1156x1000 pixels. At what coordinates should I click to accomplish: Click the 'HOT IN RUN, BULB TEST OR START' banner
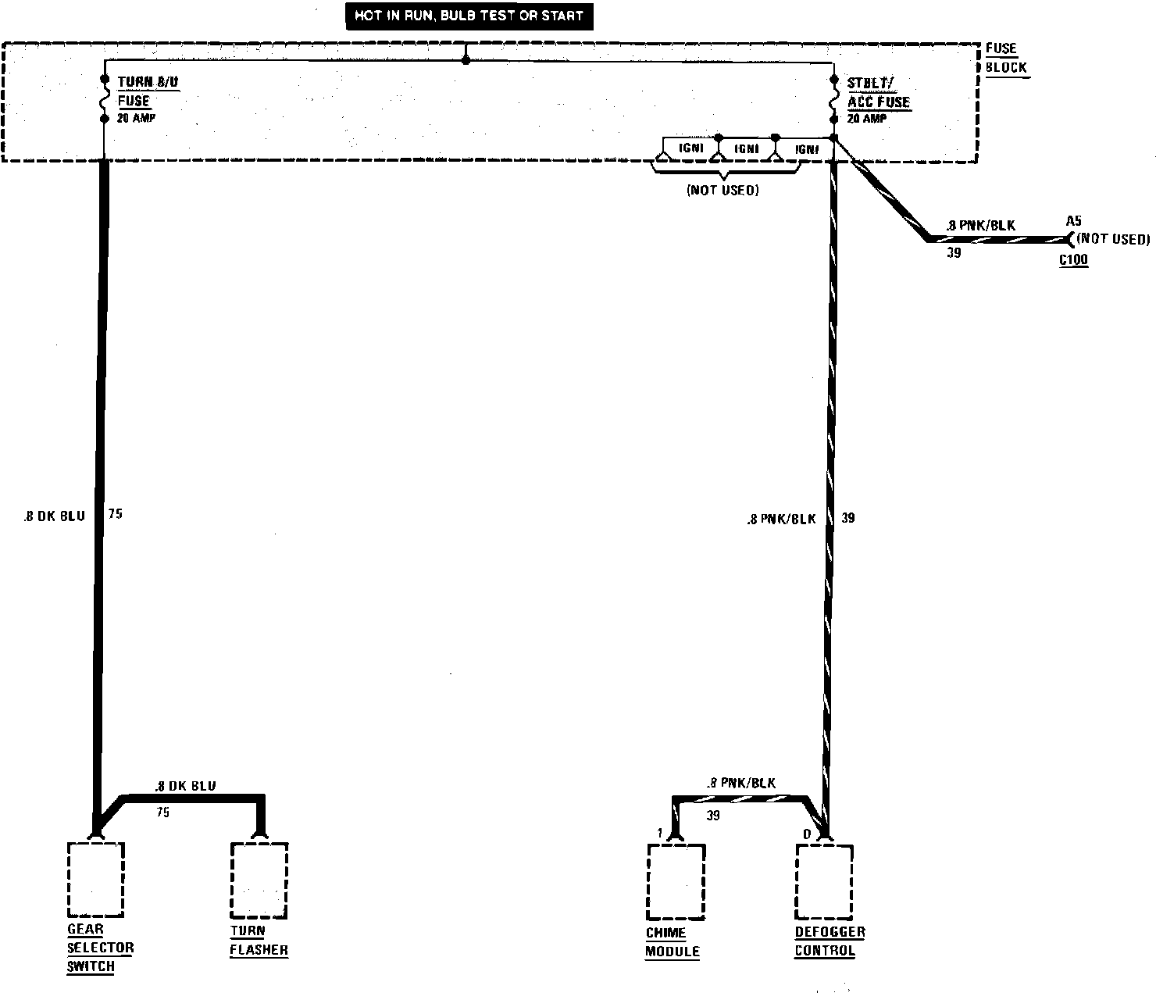click(469, 16)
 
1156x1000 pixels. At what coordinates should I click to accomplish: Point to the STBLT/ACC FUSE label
click(879, 92)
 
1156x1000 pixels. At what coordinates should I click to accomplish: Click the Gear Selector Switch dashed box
click(96, 880)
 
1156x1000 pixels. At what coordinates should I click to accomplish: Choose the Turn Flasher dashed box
click(259, 880)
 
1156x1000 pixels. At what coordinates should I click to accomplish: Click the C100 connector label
click(1073, 260)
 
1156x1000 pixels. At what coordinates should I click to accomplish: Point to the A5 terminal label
click(1074, 221)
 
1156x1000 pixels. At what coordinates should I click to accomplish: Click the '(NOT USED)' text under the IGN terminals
click(722, 190)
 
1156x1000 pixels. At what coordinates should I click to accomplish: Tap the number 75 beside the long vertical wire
click(116, 514)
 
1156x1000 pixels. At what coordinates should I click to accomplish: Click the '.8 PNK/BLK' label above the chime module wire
click(740, 783)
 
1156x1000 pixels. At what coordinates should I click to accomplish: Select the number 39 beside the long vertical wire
click(848, 518)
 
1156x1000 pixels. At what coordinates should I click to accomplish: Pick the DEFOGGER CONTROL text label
click(829, 941)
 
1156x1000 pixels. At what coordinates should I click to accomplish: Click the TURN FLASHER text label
click(259, 941)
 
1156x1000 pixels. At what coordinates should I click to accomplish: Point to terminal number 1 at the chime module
click(660, 834)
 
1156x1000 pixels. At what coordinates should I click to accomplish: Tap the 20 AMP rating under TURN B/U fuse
click(136, 119)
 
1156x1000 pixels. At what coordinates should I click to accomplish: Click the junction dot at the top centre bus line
click(466, 60)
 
